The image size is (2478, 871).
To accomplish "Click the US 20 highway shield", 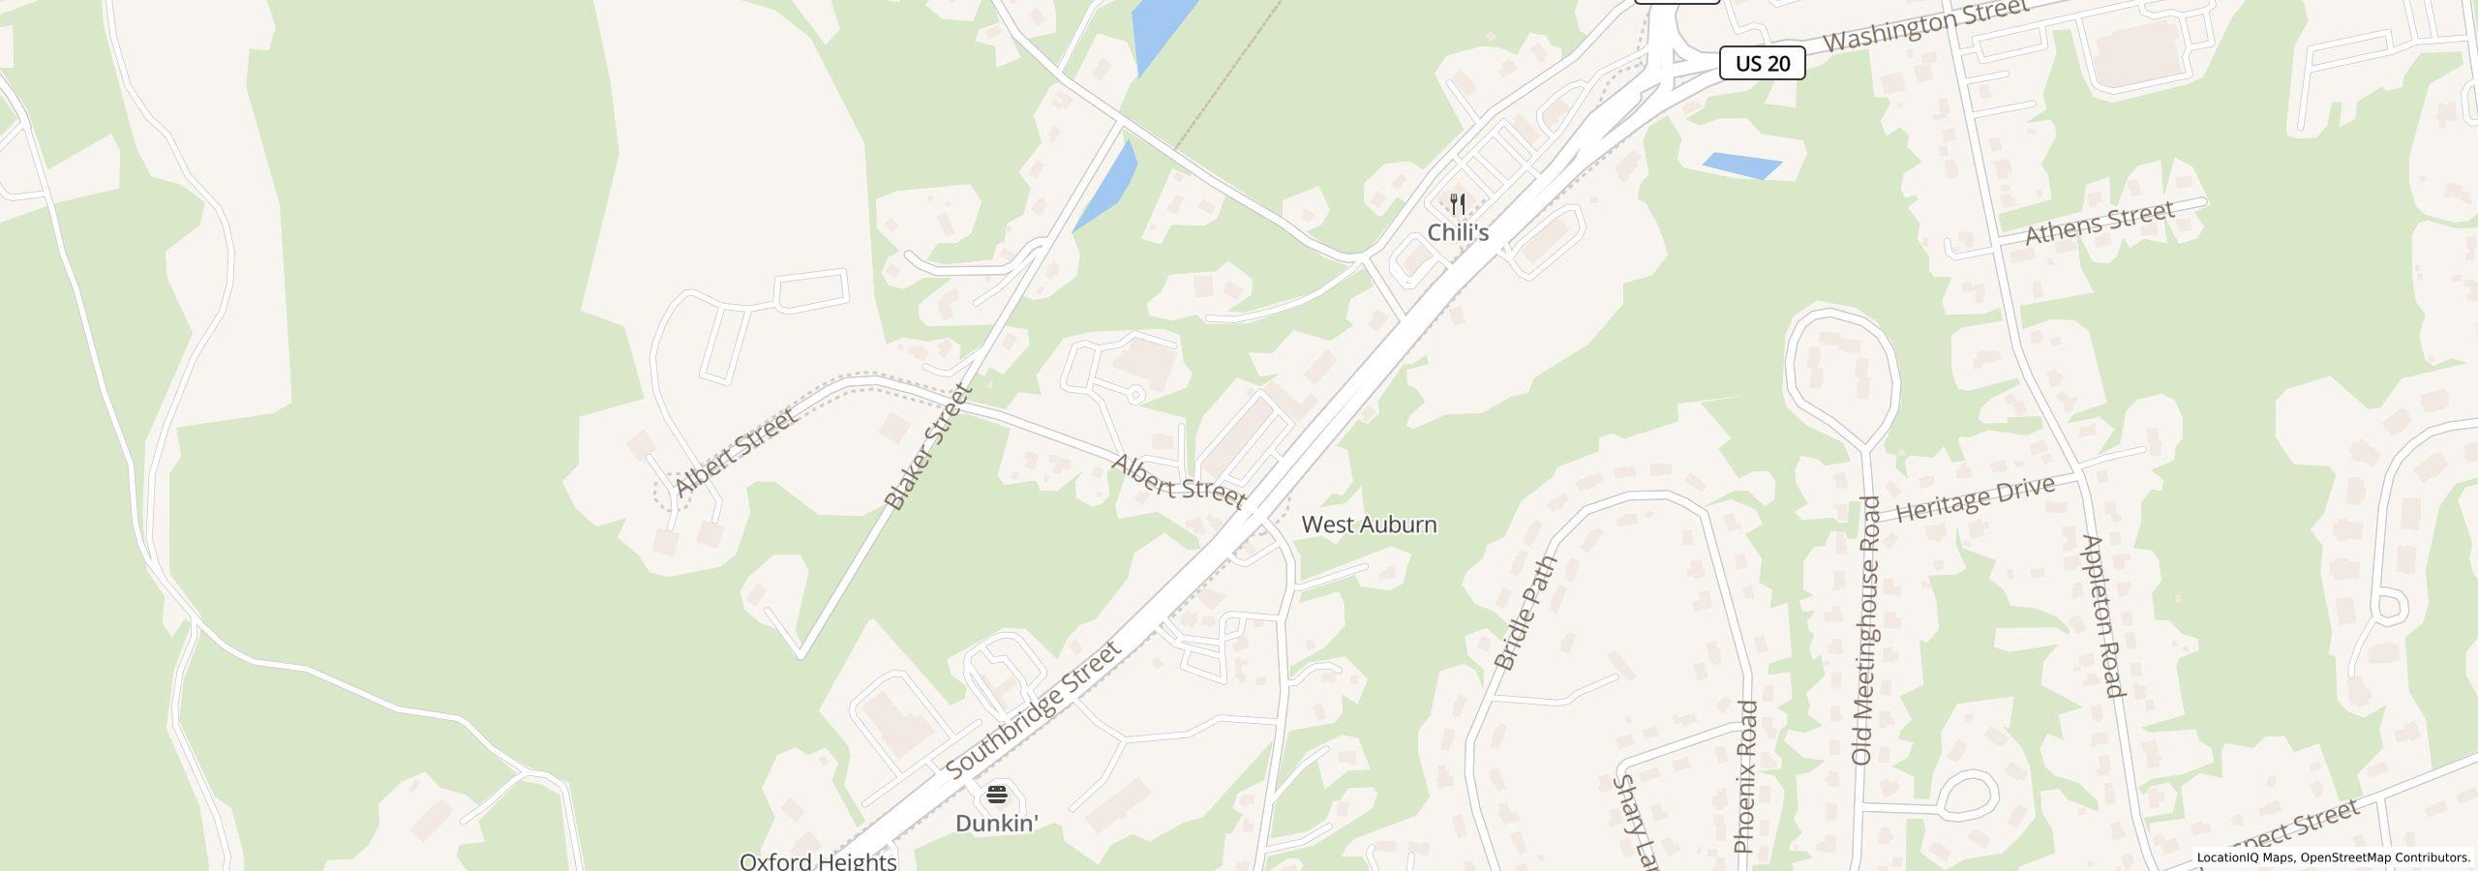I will [1762, 64].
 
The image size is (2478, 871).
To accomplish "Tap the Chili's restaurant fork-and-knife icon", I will [1458, 205].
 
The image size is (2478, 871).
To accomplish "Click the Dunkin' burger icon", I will [997, 796].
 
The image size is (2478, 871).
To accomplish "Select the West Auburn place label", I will [1369, 525].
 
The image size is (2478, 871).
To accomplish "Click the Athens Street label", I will [2100, 223].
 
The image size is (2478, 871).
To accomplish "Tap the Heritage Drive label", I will [1975, 499].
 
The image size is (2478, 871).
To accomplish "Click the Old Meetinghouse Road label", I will [1865, 631].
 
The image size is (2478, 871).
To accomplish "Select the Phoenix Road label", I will [1745, 776].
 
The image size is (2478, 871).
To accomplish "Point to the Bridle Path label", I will [1526, 613].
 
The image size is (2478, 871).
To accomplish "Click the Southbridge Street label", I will [1034, 709].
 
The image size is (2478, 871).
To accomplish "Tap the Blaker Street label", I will [927, 447].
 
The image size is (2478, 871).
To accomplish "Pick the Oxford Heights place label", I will [818, 860].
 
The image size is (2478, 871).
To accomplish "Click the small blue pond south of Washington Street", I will [1740, 165].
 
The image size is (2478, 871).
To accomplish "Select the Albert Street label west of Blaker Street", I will [736, 452].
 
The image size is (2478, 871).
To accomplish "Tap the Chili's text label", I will [1458, 233].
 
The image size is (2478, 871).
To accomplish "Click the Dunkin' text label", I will [997, 824].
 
